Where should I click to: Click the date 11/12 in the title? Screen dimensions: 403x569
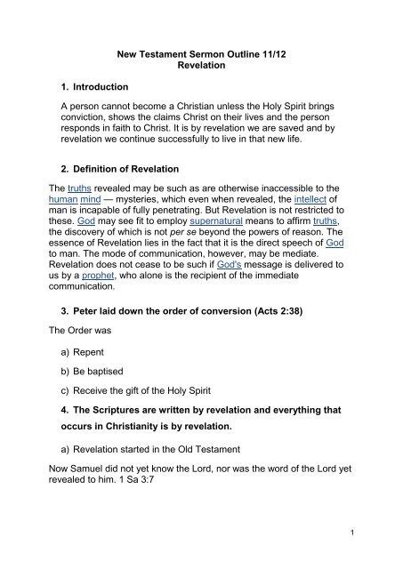287,53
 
